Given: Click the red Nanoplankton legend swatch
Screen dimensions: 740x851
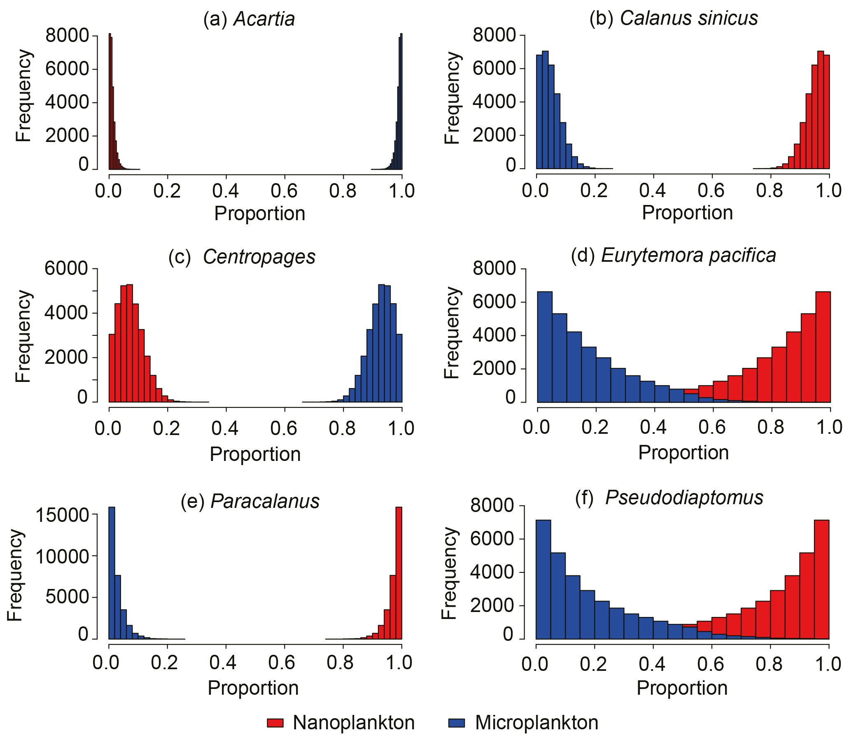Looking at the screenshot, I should point(275,723).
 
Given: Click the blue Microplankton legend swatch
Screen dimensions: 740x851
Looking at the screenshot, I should point(456,723).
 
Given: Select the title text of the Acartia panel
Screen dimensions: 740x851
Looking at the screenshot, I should point(249,19).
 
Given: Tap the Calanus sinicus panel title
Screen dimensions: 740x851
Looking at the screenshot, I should point(674,18).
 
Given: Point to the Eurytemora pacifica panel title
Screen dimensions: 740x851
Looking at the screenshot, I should point(673,255).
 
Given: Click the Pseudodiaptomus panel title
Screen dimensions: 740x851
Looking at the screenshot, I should point(669,497).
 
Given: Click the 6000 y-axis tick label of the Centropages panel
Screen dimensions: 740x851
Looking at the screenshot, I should point(66,268).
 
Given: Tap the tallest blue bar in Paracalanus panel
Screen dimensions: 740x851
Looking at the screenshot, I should point(112,574).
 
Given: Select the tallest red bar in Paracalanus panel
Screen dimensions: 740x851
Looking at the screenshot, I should point(399,574).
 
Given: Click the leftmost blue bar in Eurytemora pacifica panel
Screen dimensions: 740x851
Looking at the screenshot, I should point(544,347).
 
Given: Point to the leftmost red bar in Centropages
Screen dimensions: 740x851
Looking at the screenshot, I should point(112,368).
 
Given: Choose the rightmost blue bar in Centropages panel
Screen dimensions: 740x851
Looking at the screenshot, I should point(399,368).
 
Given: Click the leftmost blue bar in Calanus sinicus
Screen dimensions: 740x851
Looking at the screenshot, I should point(539,112).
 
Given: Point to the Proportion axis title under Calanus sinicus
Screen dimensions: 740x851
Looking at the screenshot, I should point(687,213).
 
